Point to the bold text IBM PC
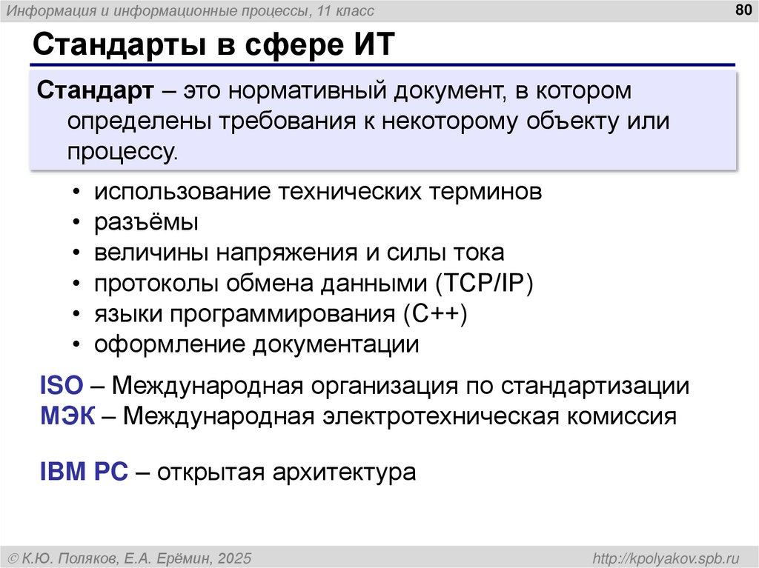[x=84, y=471]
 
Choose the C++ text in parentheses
[x=436, y=314]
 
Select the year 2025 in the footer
[x=233, y=557]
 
